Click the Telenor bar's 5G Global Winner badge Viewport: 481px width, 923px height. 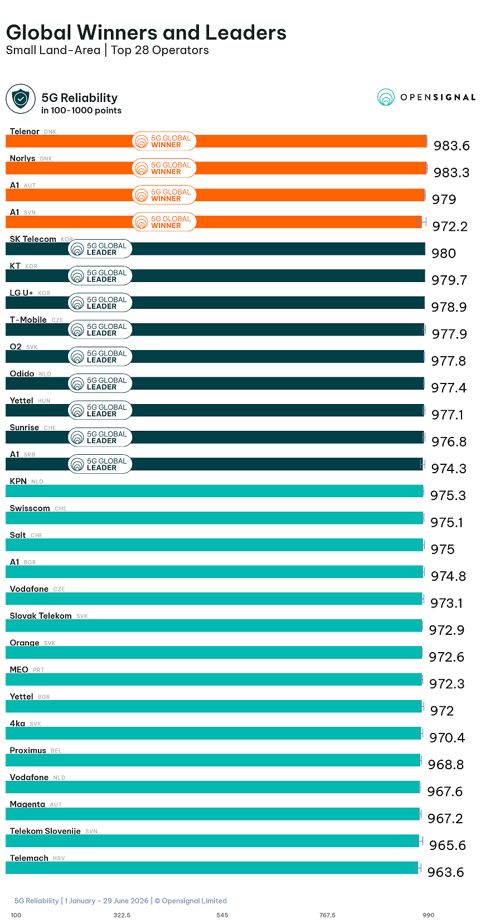coord(164,142)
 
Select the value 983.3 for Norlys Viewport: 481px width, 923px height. coord(451,173)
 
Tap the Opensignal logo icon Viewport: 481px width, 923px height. coord(386,97)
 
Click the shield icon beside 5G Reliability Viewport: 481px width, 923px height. coord(21,99)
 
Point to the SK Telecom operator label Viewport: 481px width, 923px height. coord(33,239)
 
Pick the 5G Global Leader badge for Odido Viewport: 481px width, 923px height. coord(100,383)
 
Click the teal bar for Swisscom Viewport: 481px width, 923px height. coord(215,518)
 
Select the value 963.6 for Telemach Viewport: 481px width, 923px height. coord(445,872)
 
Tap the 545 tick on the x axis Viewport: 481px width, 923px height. coord(222,915)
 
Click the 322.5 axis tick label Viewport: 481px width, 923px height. coord(122,915)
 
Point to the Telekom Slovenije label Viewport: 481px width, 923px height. coord(45,831)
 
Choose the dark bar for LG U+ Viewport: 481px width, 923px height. coord(215,303)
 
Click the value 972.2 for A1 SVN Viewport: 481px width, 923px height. coord(450,227)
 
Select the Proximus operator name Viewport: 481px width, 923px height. coord(28,750)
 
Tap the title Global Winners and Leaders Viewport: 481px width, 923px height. coord(147,32)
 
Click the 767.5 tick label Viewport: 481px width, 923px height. coord(327,915)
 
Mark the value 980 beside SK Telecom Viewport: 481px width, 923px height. coord(444,254)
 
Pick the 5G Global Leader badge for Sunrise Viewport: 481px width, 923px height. coord(100,437)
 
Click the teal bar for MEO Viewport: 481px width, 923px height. coord(214,679)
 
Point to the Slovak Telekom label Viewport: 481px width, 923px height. coord(41,615)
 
